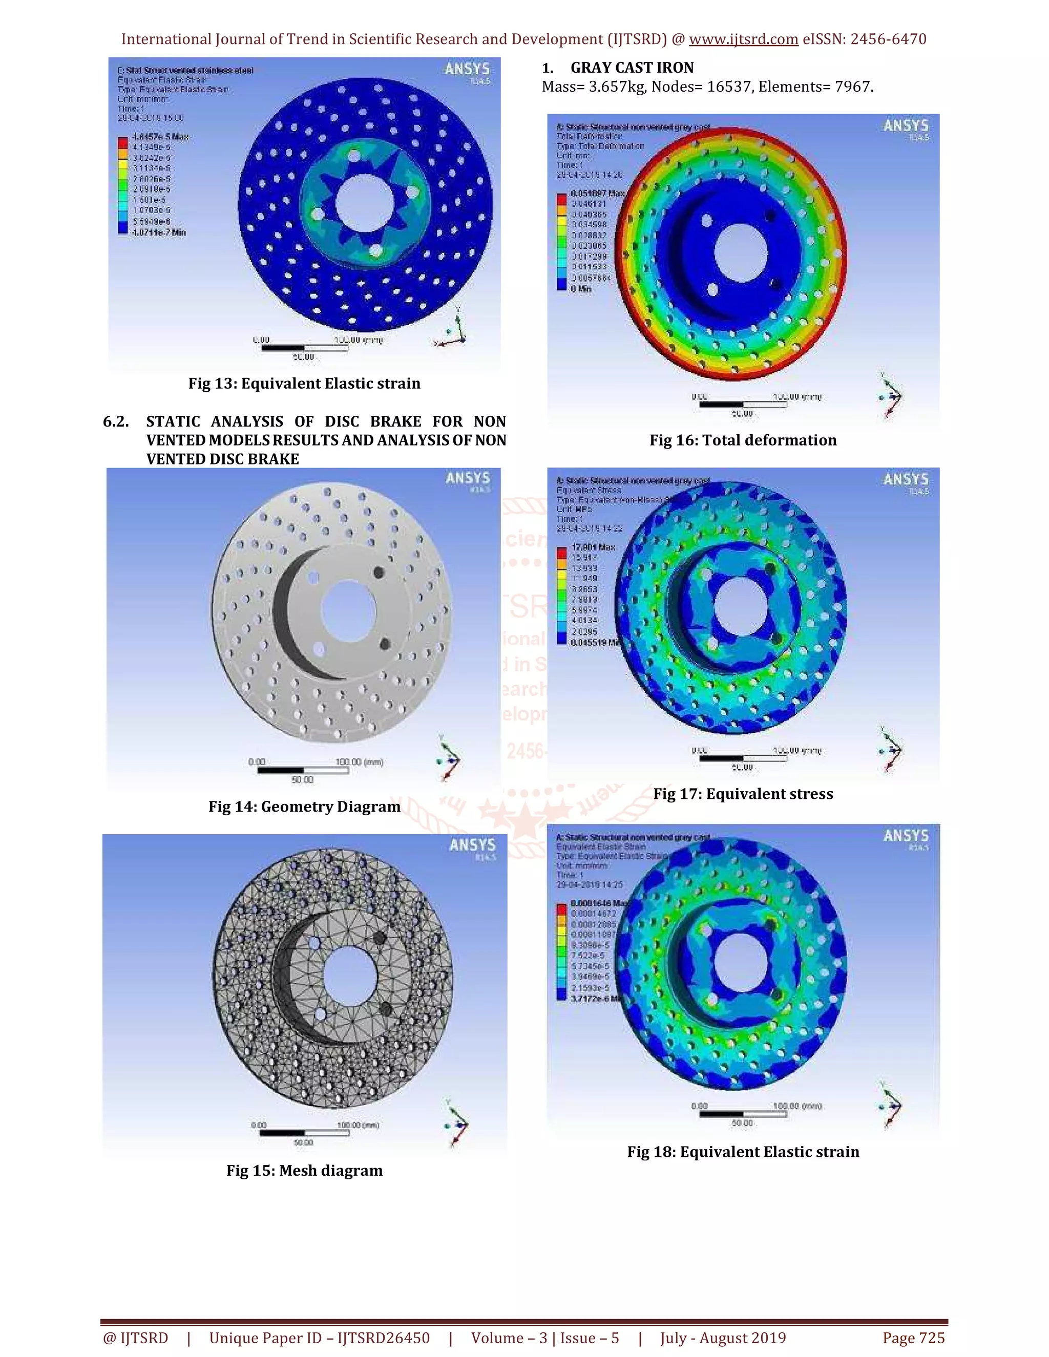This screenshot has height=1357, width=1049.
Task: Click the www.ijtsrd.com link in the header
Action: (x=743, y=39)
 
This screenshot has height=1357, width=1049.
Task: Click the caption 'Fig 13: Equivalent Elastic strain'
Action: (x=305, y=384)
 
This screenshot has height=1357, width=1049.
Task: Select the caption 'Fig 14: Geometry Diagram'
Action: (x=305, y=807)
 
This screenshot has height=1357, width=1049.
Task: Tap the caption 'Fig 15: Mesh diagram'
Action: (x=305, y=1171)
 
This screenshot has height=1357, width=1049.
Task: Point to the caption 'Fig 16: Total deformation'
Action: (x=743, y=440)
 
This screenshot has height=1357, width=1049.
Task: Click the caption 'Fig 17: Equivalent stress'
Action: (x=743, y=793)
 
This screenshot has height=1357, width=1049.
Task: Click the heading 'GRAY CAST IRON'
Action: (x=632, y=67)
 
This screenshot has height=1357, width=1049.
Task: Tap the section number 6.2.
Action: (x=116, y=421)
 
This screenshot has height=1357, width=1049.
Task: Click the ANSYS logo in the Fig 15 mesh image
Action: (x=472, y=845)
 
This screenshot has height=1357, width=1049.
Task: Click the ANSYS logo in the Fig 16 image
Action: (x=906, y=125)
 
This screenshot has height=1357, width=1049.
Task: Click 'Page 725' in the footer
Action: (x=914, y=1338)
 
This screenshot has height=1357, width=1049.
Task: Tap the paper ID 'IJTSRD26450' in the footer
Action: (x=384, y=1338)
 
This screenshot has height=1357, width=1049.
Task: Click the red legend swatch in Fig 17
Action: (x=562, y=552)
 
